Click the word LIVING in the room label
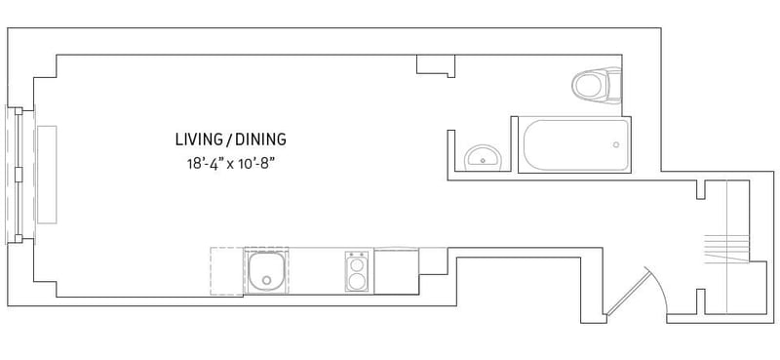[199, 139]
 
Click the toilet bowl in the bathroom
[589, 86]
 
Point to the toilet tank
[611, 85]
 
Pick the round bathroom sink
[482, 156]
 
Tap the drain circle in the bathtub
[615, 144]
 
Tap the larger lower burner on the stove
[357, 282]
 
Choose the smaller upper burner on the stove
[357, 261]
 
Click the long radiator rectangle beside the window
[46, 174]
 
